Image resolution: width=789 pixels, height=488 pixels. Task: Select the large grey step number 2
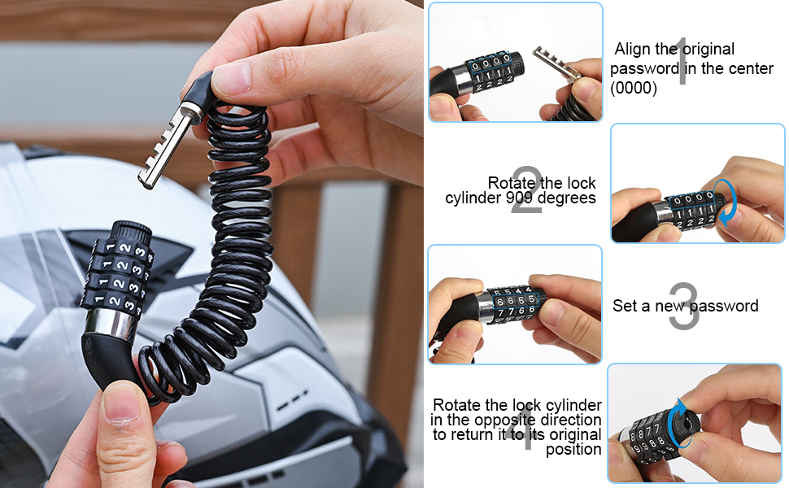527,190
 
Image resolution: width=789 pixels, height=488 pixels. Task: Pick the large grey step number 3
685,306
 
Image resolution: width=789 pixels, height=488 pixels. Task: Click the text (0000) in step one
634,88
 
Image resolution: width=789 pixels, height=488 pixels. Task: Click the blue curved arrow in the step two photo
728,203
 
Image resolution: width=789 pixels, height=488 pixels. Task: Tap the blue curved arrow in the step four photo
675,423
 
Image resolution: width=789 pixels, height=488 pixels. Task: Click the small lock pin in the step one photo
557,64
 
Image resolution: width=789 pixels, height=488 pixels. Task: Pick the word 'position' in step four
573,449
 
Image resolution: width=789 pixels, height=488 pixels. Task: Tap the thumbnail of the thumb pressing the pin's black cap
231,78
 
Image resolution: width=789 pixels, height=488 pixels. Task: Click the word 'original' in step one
708,50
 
